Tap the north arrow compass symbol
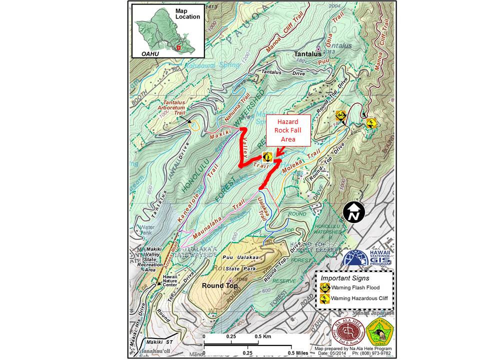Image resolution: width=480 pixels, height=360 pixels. pyautogui.click(x=354, y=212)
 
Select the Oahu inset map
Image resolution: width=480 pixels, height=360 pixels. pyautogui.click(x=168, y=31)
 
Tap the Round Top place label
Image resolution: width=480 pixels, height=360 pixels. pyautogui.click(x=218, y=285)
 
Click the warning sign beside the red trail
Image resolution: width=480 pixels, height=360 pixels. pyautogui.click(x=267, y=156)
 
